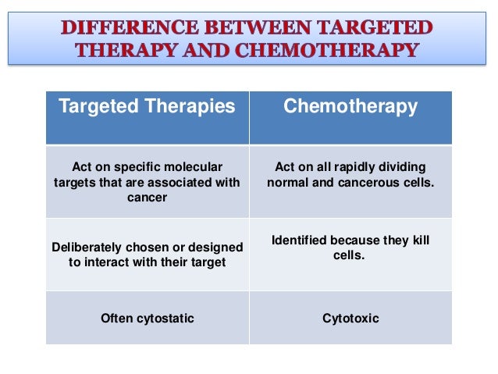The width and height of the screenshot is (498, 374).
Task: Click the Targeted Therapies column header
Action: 147,106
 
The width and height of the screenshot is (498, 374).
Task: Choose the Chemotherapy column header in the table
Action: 350,106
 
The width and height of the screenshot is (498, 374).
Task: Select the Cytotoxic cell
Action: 350,318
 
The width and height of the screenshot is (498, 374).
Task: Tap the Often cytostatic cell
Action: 147,318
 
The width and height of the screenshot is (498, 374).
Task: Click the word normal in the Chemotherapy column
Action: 288,183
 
